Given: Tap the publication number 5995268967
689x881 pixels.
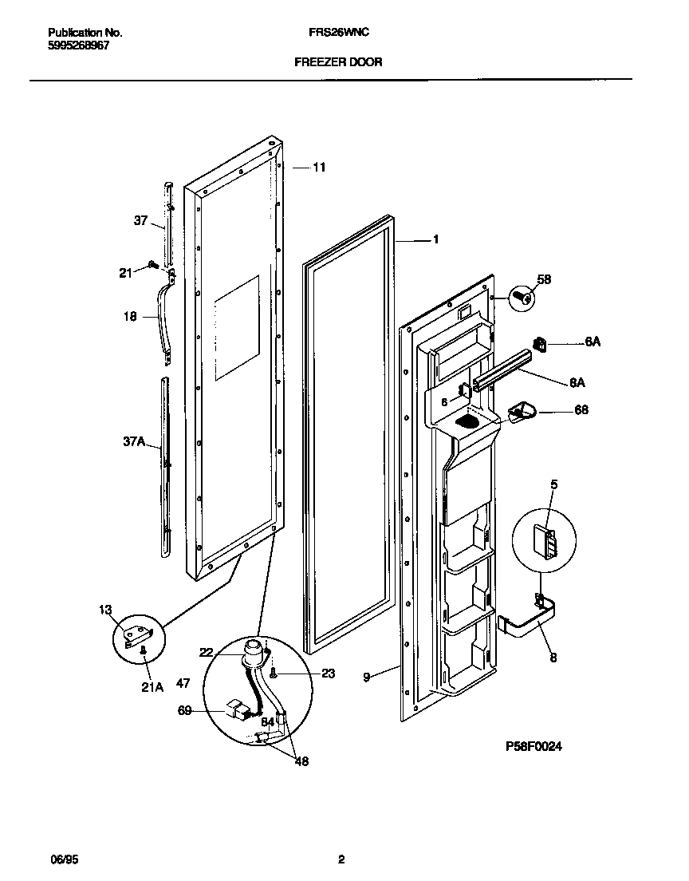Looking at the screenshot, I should (x=79, y=45).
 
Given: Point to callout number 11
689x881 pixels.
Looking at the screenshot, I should (x=319, y=168).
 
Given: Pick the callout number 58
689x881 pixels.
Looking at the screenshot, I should (x=544, y=279).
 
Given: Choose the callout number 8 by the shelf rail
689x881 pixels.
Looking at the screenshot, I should (x=553, y=658).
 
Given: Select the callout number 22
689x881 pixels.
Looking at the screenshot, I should (x=207, y=653).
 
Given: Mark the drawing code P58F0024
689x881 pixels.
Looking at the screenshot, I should (x=540, y=746).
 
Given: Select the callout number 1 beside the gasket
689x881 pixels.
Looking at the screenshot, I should (x=436, y=239).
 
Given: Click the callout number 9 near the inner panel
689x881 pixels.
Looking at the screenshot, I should (x=366, y=677).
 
